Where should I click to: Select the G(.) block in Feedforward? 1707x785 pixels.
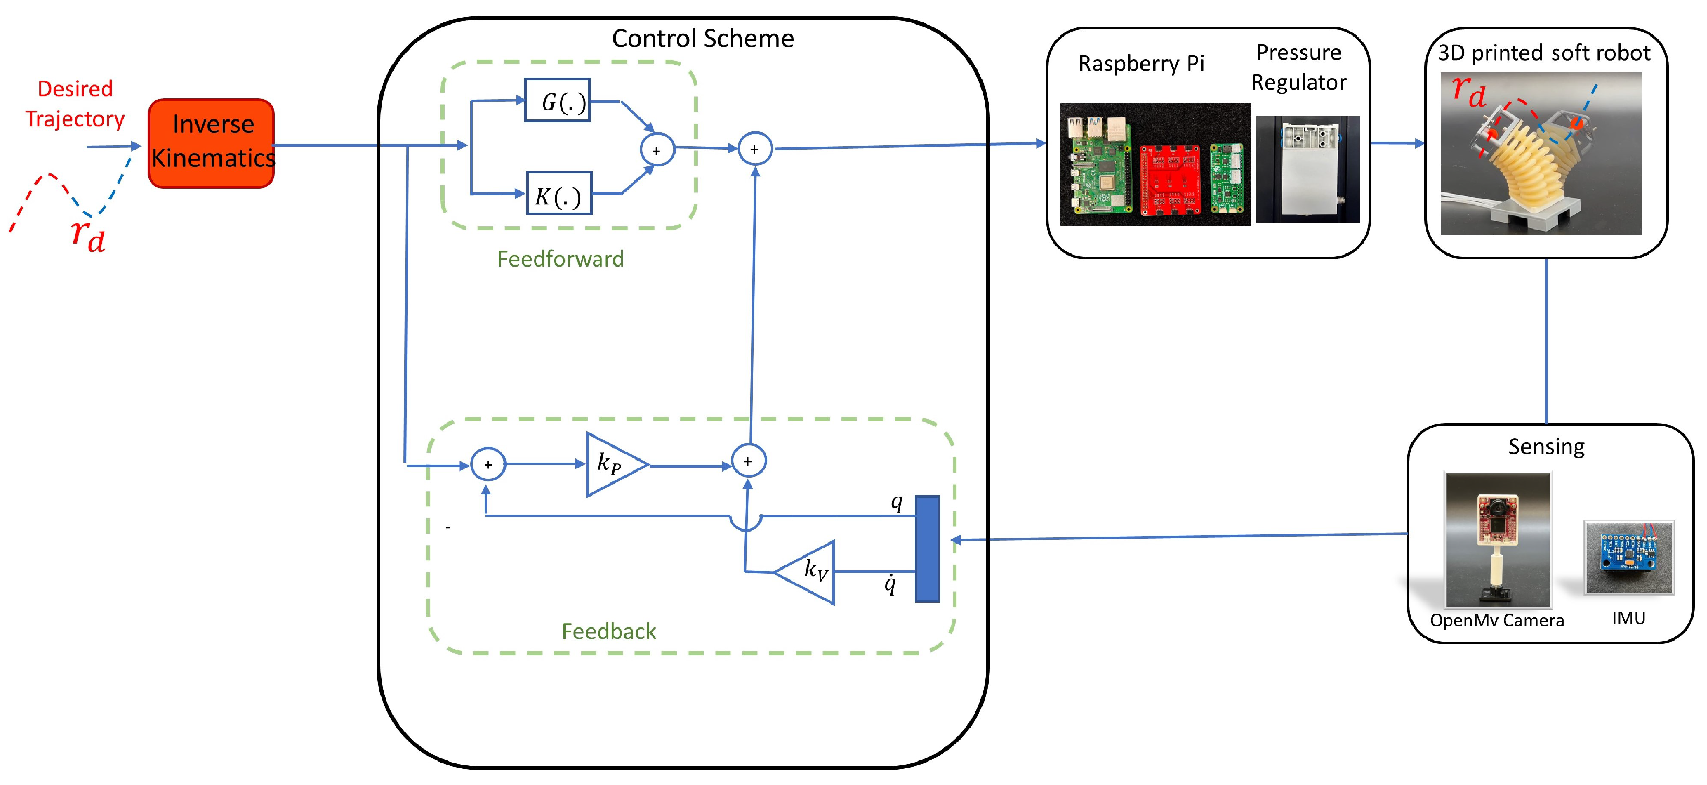pos(557,100)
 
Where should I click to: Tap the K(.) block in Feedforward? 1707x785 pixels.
pos(559,194)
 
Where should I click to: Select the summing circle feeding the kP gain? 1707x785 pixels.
pos(488,464)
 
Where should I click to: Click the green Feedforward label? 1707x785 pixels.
pos(561,259)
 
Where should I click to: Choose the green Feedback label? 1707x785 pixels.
pos(608,631)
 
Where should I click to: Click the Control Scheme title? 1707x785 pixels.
pos(703,39)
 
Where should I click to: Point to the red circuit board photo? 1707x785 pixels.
pos(1170,179)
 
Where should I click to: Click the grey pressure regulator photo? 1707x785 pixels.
pos(1307,170)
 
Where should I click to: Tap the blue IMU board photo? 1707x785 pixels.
pos(1628,557)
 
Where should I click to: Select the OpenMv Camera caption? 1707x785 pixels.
pos(1496,621)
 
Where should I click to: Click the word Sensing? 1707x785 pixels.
pos(1546,446)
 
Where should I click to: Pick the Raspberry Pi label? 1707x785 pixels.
pos(1140,64)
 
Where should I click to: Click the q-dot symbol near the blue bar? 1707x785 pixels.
pos(890,584)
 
